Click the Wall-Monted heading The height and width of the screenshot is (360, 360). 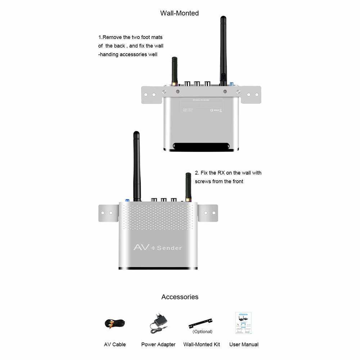click(179, 13)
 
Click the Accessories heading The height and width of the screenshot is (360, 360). click(180, 297)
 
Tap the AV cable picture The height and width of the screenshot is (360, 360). click(115, 323)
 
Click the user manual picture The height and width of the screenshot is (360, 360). click(243, 323)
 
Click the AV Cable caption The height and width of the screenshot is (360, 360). click(115, 345)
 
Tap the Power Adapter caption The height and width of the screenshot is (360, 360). click(158, 345)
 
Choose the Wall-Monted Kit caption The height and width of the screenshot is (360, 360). click(202, 345)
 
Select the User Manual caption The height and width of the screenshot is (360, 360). click(244, 345)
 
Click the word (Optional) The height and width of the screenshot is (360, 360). click(202, 332)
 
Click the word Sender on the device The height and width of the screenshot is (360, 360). click(169, 248)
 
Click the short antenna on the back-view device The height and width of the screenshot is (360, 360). click(175, 70)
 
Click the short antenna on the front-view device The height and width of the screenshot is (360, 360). click(188, 185)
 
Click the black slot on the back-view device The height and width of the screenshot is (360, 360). click(202, 146)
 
